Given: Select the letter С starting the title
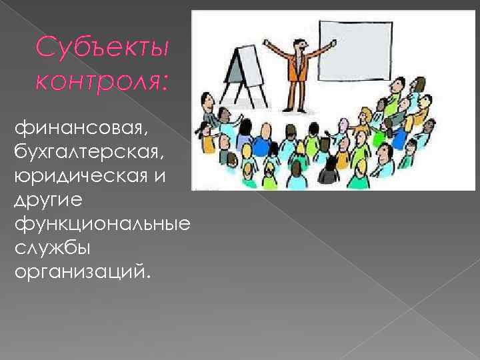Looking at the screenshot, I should pos(44,47).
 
